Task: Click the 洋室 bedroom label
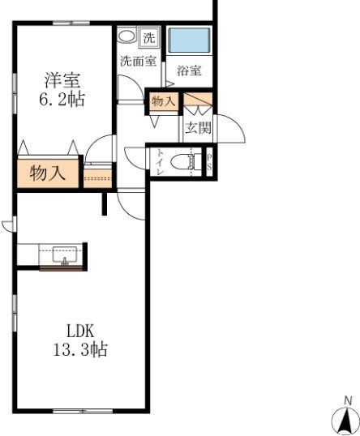pos(62,81)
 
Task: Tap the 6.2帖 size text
pos(62,100)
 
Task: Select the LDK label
pos(80,331)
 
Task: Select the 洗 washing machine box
pos(150,36)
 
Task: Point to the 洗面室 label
pos(138,61)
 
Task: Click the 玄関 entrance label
pos(197,127)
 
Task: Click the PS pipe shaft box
pos(209,162)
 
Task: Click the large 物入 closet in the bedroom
pos(48,173)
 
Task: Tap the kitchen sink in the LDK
pos(63,254)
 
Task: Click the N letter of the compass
pos(347,400)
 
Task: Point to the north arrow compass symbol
pos(346,420)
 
